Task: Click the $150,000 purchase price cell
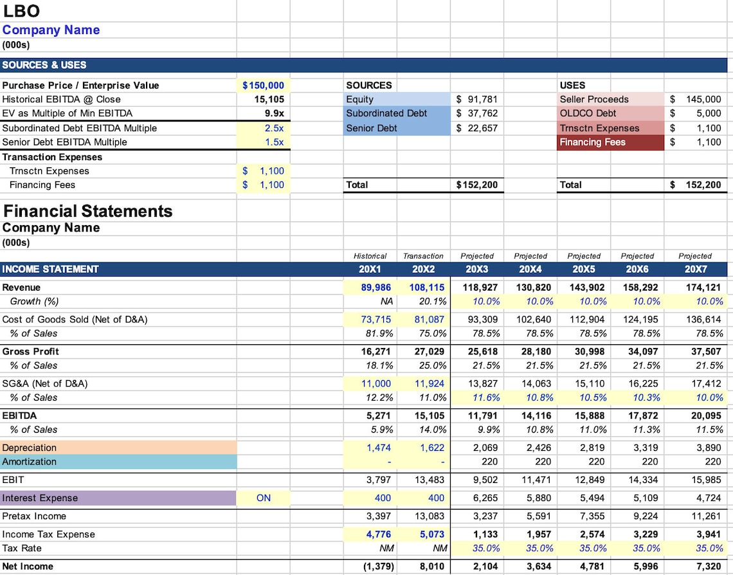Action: [263, 86]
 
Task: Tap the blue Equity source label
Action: [360, 99]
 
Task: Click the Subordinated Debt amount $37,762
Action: [476, 113]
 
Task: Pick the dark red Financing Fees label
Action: [592, 142]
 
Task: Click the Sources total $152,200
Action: [476, 185]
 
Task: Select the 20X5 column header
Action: [584, 269]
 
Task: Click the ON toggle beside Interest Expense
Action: [264, 498]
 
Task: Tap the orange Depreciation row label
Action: [30, 448]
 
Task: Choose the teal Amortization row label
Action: [30, 462]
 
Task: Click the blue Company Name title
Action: [51, 30]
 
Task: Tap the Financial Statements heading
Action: [88, 211]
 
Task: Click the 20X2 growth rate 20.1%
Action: [433, 302]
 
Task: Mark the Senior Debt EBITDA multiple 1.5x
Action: [275, 142]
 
